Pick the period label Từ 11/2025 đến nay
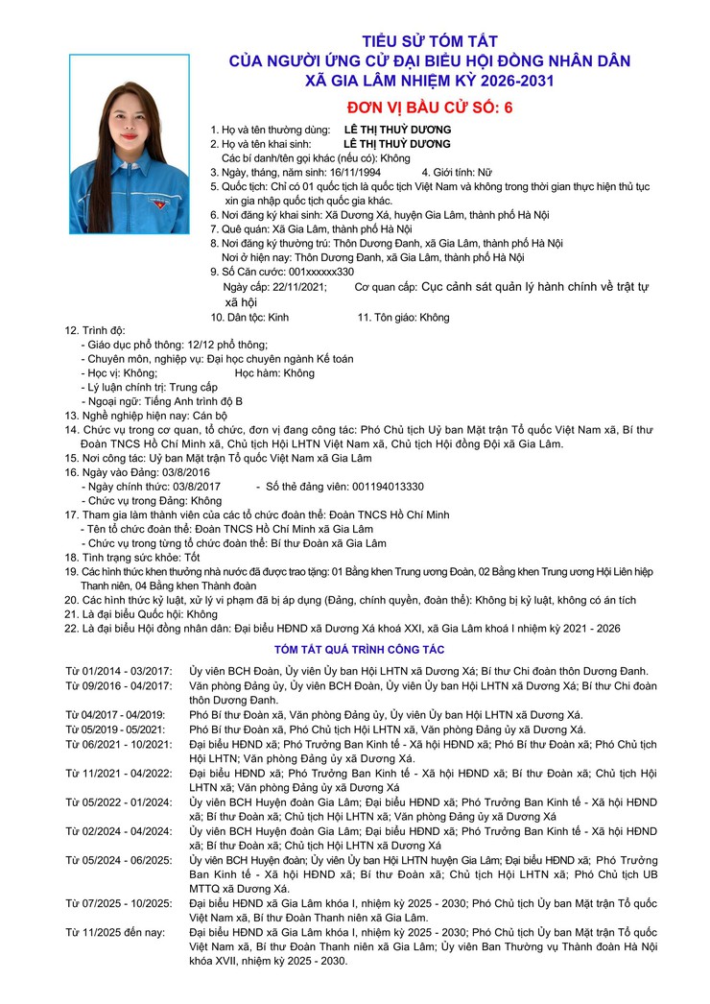tap(109, 932)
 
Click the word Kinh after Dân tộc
tap(277, 317)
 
